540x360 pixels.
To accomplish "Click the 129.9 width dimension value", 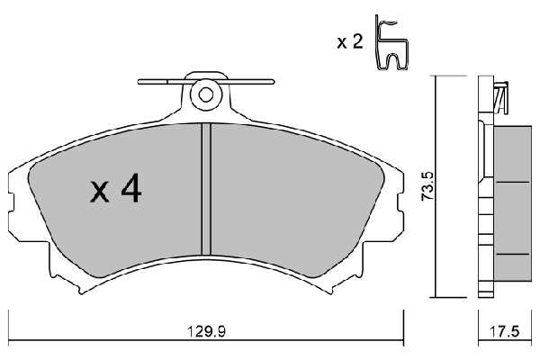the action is (x=205, y=332).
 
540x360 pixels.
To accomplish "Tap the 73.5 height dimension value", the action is (x=429, y=186).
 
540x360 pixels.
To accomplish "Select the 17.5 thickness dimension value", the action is (x=504, y=332).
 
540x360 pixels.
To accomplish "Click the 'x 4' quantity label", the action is (x=116, y=188).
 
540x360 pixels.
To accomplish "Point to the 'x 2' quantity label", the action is (x=350, y=42).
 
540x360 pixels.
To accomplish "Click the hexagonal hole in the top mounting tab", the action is (x=206, y=94).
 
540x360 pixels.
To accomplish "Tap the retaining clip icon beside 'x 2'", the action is (x=391, y=42).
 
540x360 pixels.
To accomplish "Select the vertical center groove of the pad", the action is (x=206, y=189).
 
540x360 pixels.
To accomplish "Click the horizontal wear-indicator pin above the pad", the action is (x=206, y=82).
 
